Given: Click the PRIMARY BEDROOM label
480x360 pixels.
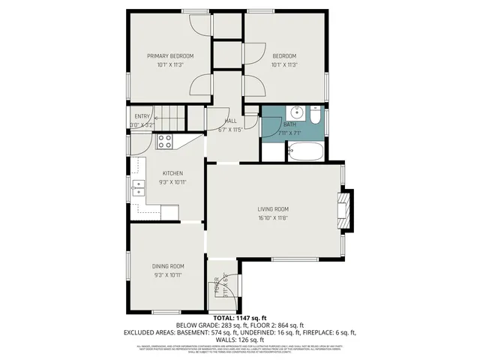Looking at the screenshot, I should (x=170, y=56).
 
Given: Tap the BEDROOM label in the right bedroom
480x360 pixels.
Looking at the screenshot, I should (x=284, y=56).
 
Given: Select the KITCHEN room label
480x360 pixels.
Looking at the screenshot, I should (x=172, y=173).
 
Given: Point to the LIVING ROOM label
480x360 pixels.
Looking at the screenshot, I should (x=273, y=209).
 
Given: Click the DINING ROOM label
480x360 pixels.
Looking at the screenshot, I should (x=168, y=266).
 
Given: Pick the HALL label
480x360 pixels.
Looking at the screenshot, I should (x=231, y=121).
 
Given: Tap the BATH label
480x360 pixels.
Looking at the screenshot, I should (x=290, y=124).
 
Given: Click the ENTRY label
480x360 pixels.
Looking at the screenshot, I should (x=142, y=116).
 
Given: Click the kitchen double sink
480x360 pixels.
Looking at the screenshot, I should (x=139, y=188).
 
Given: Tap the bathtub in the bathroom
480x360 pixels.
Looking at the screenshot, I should (x=306, y=152).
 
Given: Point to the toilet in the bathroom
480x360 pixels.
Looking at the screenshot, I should (x=316, y=118).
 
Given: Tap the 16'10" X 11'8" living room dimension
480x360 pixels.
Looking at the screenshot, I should (x=273, y=218).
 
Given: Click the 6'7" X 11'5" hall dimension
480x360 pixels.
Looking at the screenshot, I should (x=231, y=130).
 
